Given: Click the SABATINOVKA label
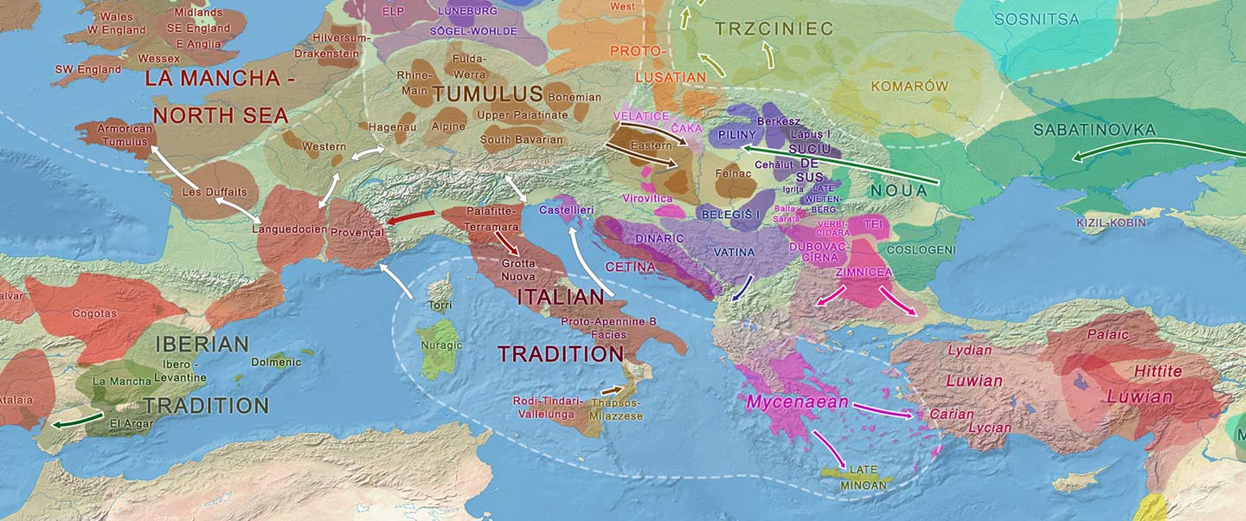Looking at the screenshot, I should (1095, 130).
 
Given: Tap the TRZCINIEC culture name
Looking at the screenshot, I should (774, 29).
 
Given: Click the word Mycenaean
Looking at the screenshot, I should (797, 402).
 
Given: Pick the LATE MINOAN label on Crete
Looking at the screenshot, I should (863, 477).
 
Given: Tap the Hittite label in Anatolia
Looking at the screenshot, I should (1157, 371).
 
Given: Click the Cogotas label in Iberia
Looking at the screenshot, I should (95, 313).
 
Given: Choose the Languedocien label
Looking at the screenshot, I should (289, 229).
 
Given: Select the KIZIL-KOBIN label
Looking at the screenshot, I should (1111, 223).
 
